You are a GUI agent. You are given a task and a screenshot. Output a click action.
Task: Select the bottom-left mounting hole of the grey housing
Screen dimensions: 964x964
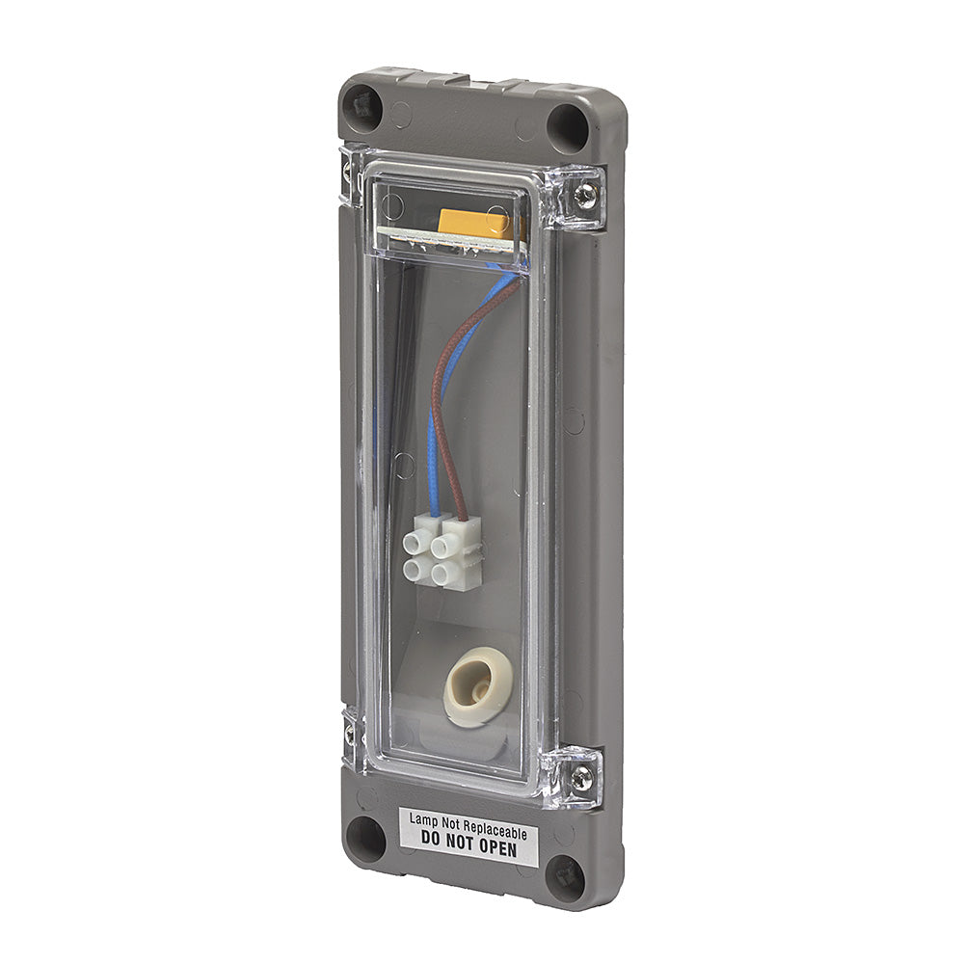(x=366, y=839)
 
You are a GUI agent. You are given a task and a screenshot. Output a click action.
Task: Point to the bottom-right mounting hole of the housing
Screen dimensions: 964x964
(x=566, y=878)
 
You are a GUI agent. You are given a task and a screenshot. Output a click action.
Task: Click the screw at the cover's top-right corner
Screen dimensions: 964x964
(x=584, y=196)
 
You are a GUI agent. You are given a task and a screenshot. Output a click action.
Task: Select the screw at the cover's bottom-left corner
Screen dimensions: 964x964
(x=349, y=733)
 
